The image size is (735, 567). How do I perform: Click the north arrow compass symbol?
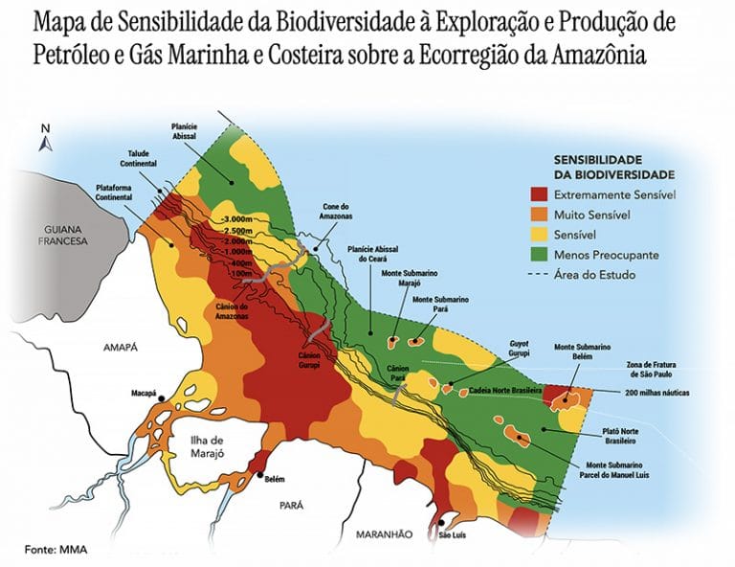[x=44, y=140]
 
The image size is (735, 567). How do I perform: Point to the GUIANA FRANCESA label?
[x=62, y=236]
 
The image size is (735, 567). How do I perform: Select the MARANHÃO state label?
[x=383, y=533]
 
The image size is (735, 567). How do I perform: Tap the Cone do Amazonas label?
[x=335, y=211]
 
